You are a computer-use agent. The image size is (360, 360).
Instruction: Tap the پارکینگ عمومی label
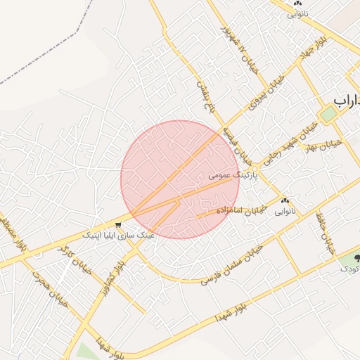click(x=233, y=173)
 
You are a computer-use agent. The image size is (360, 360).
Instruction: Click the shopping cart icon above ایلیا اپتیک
click(x=119, y=225)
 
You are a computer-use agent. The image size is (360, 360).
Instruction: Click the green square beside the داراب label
click(x=328, y=113)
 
